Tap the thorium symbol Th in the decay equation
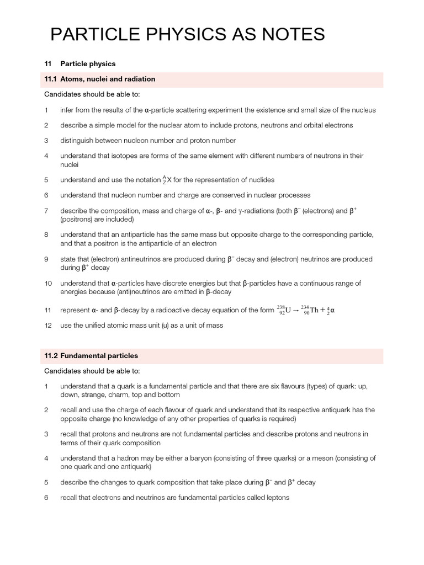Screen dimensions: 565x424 click(x=314, y=310)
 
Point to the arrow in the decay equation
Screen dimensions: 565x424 click(x=296, y=310)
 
